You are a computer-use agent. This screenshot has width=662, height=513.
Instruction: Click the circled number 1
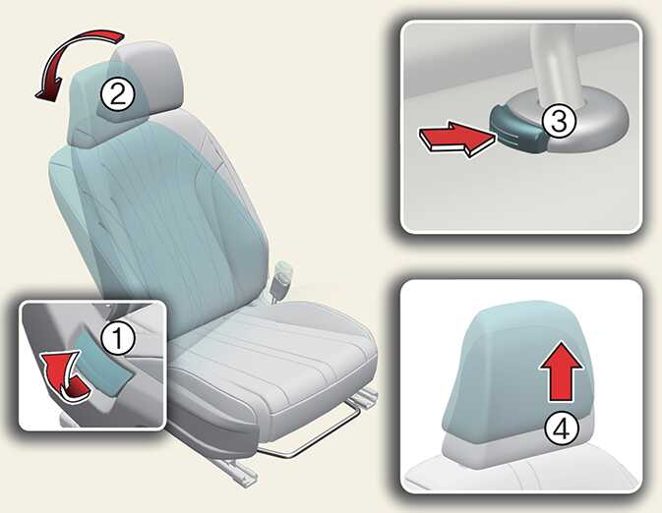pyautogui.click(x=118, y=338)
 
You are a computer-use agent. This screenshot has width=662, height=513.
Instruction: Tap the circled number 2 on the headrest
pyautogui.click(x=117, y=94)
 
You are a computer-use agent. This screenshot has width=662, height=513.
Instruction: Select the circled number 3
pyautogui.click(x=559, y=121)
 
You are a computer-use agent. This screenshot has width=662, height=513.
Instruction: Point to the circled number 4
pyautogui.click(x=562, y=429)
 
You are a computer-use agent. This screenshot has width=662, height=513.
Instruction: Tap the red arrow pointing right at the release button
pyautogui.click(x=456, y=140)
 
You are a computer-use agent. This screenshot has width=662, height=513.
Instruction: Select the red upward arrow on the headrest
pyautogui.click(x=561, y=371)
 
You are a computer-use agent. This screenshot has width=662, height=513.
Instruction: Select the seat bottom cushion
pyautogui.click(x=274, y=371)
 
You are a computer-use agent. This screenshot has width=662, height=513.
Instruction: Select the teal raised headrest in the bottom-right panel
pyautogui.click(x=517, y=367)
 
